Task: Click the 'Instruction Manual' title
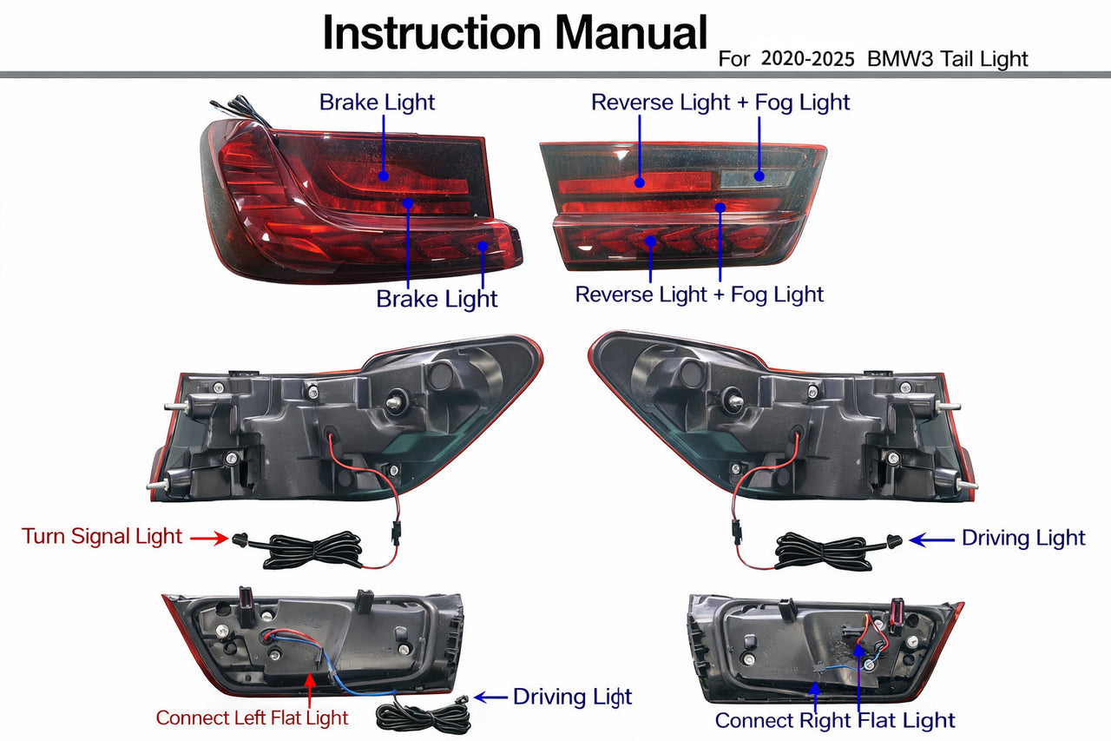[x=515, y=33]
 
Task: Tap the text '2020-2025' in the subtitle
[x=805, y=59]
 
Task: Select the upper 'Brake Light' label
[x=377, y=103]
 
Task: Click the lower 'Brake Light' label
[x=437, y=299]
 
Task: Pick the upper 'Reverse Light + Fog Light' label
[x=720, y=103]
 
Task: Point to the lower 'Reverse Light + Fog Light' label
[x=699, y=294]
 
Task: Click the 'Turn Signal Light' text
[x=102, y=536]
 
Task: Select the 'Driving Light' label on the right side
[x=1023, y=539]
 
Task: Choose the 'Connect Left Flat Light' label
[x=252, y=718]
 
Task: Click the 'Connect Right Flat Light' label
[x=834, y=720]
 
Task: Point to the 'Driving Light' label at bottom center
[x=572, y=697]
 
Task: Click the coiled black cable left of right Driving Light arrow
[x=825, y=552]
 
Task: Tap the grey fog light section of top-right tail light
[x=757, y=177]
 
